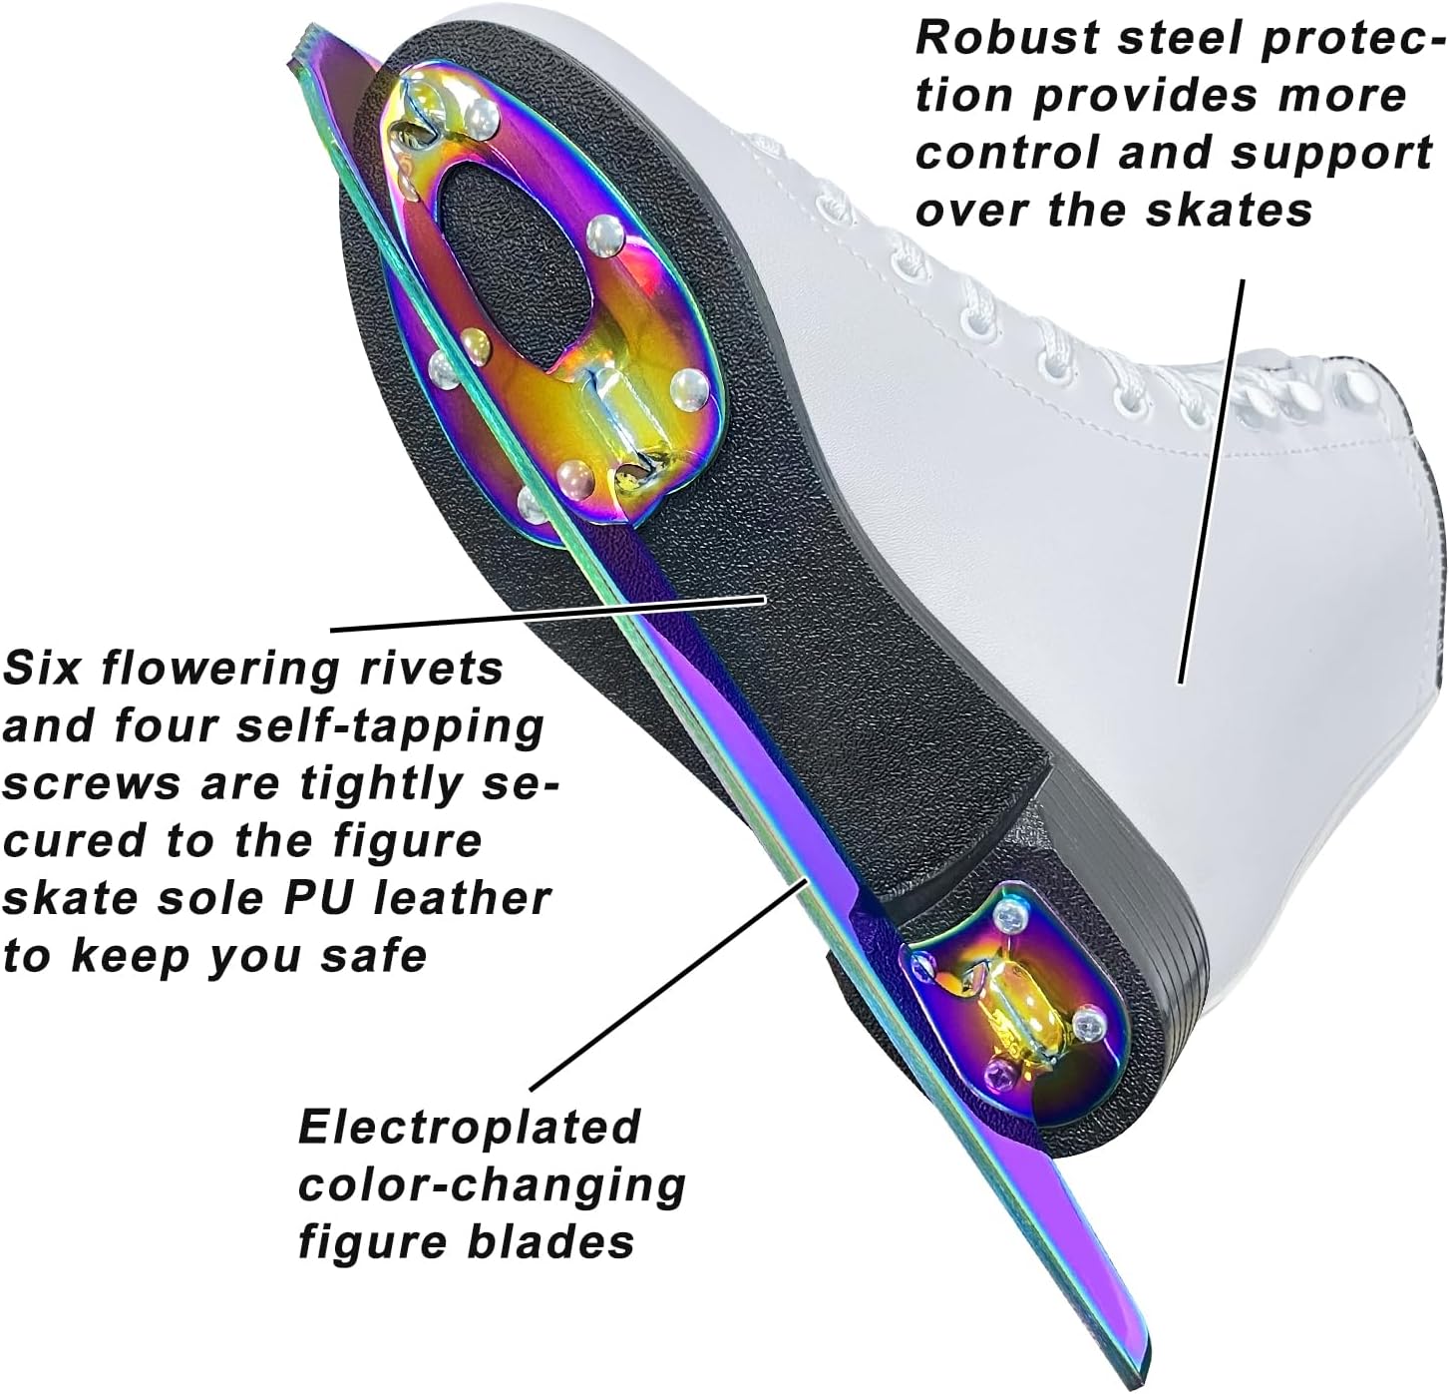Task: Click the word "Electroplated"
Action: pyautogui.click(x=469, y=1128)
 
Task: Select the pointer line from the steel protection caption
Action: pyautogui.click(x=1212, y=479)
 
